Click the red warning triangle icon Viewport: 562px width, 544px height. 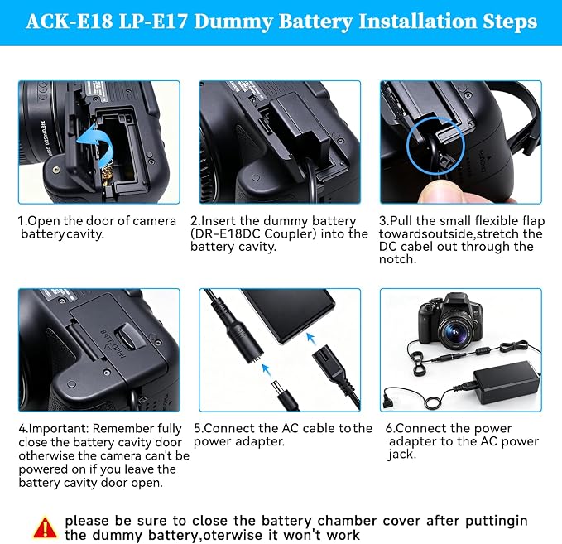pyautogui.click(x=45, y=527)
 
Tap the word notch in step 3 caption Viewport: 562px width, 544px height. pyautogui.click(x=397, y=259)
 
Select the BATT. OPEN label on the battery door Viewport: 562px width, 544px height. pyautogui.click(x=113, y=344)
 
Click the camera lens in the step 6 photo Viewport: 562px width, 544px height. pyautogui.click(x=458, y=332)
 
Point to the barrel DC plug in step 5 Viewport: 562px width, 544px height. pyautogui.click(x=283, y=393)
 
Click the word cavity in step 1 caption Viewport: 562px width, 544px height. pyautogui.click(x=85, y=234)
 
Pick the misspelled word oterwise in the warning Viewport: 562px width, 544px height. pyautogui.click(x=232, y=535)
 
